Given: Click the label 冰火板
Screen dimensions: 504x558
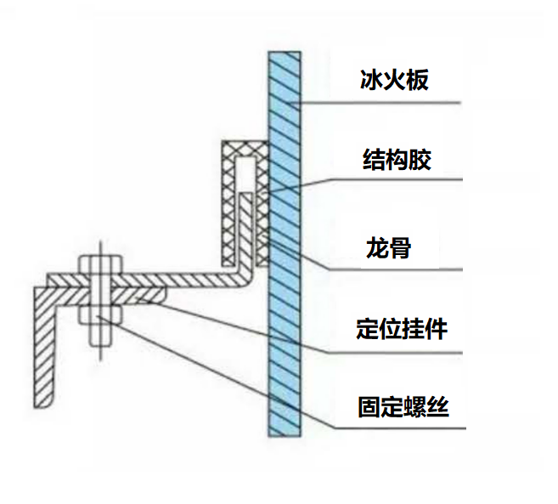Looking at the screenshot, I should point(394,82).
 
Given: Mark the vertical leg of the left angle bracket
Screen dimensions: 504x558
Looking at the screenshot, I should point(42,348).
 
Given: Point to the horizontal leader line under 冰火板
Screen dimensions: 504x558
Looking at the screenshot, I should point(382,104).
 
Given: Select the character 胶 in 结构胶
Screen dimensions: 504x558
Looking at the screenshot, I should point(420,159).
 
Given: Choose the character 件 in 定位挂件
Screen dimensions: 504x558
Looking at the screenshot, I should point(447,327).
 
